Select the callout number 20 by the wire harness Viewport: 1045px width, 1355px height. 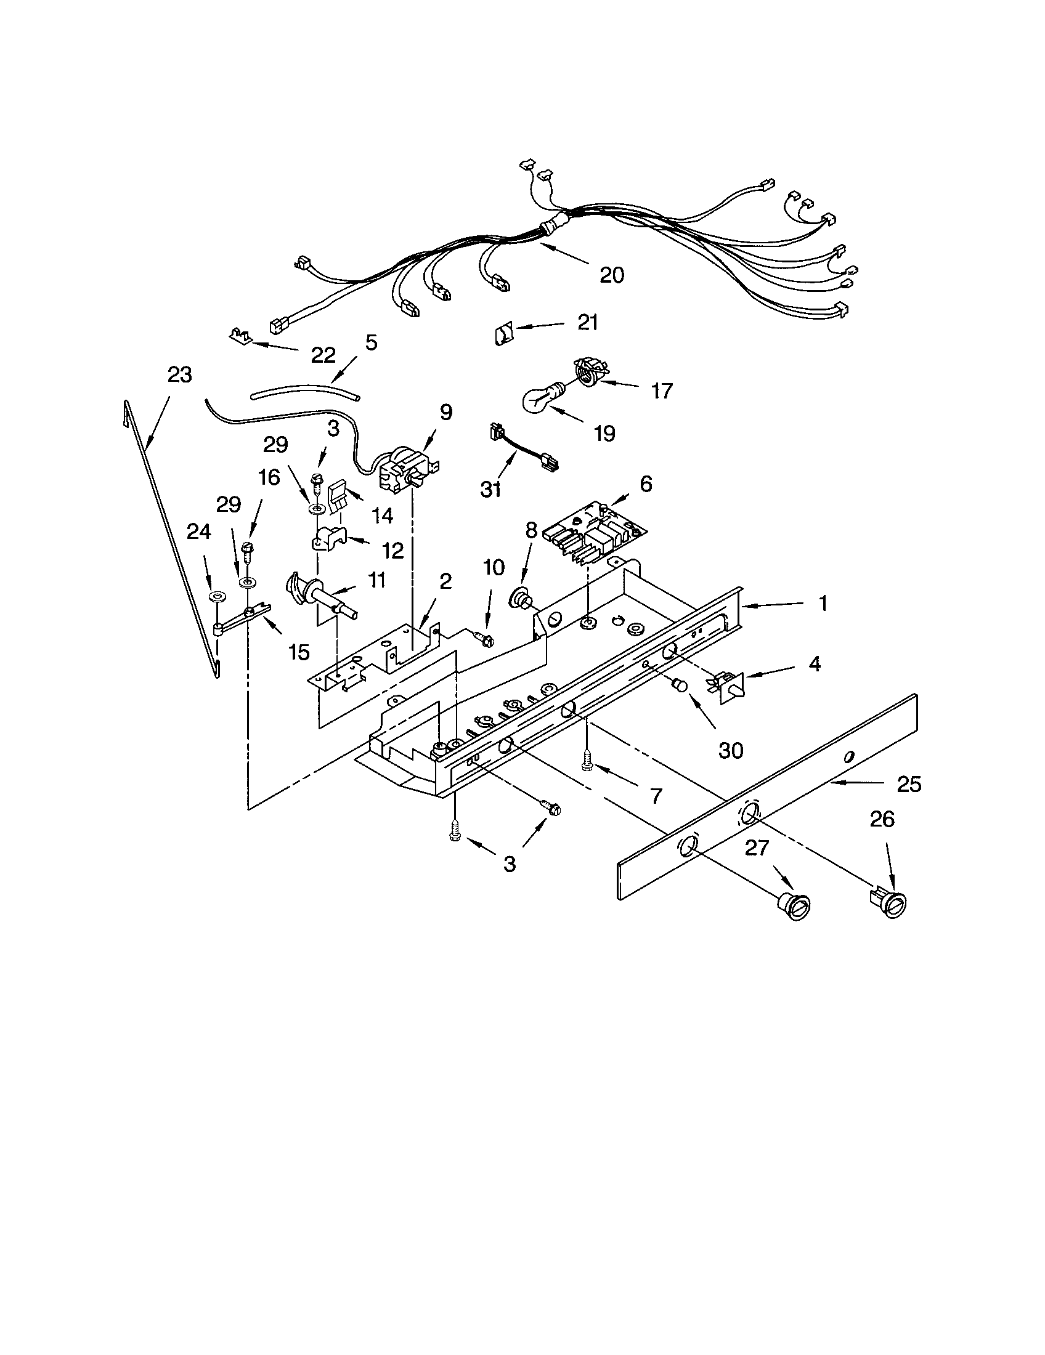click(x=611, y=275)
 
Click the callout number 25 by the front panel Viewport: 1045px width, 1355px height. click(x=909, y=785)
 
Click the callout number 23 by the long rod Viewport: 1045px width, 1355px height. click(x=179, y=375)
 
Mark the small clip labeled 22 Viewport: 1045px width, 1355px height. click(x=239, y=336)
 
